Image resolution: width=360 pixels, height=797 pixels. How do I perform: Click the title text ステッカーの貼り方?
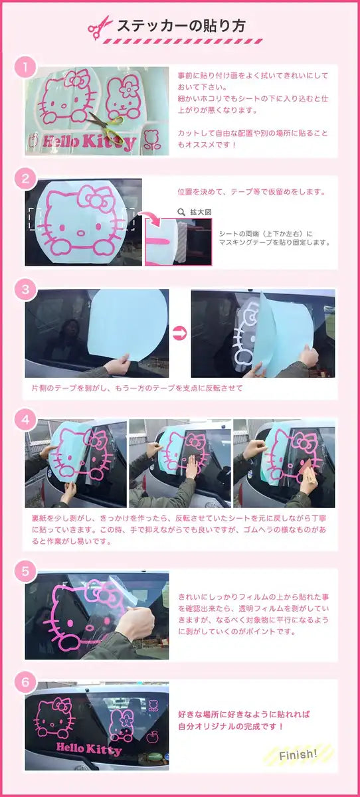click(181, 26)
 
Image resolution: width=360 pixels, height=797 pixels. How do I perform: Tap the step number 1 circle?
click(25, 66)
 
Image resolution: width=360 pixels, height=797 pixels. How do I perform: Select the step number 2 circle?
click(25, 178)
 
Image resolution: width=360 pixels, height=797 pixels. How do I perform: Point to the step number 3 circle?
click(25, 289)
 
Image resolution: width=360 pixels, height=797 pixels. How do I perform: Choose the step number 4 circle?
click(25, 420)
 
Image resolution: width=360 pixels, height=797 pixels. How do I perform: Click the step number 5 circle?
click(25, 571)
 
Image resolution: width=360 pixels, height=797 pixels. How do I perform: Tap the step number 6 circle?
click(25, 681)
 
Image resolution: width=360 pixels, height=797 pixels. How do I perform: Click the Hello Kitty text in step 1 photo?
click(88, 141)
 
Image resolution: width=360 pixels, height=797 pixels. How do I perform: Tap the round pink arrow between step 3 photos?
click(179, 333)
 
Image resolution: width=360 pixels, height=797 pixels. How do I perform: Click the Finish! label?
click(298, 754)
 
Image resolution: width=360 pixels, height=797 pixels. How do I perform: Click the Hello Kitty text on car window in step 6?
click(89, 749)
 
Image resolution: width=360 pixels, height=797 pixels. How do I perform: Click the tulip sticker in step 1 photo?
click(151, 141)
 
